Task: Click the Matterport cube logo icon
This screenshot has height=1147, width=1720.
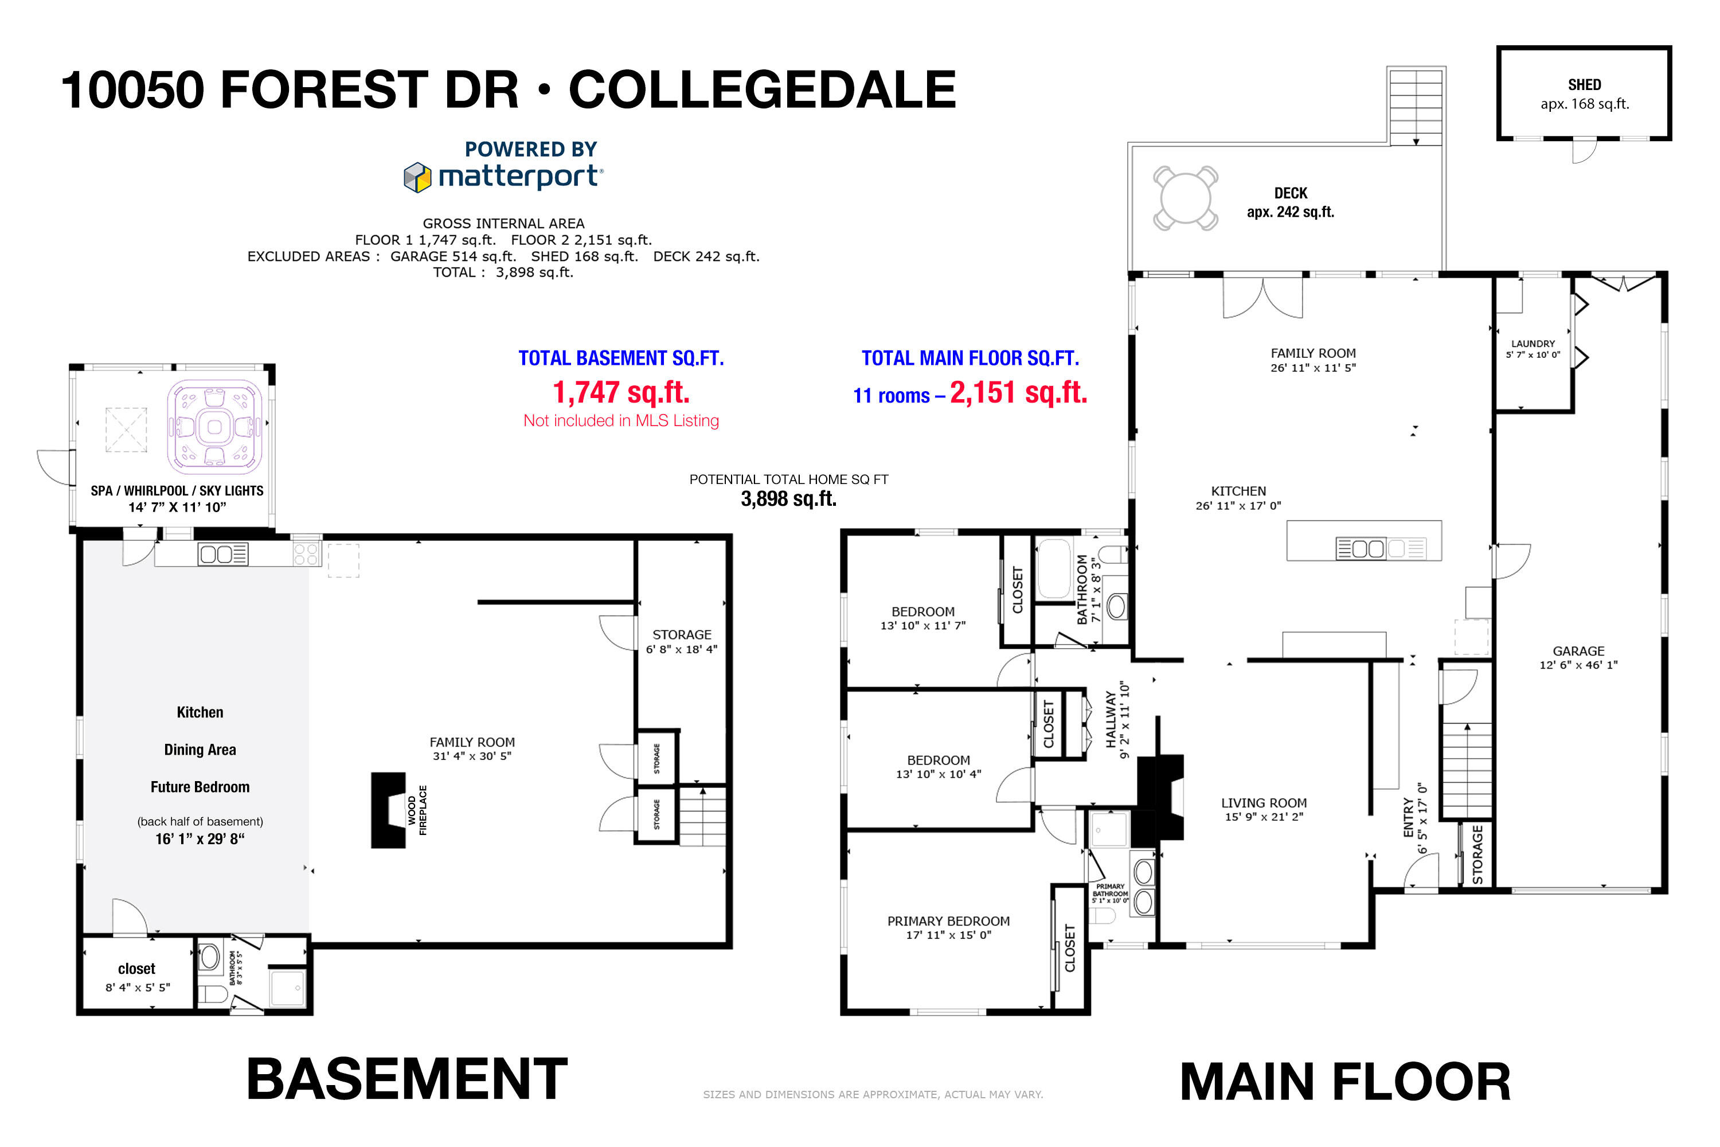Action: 417,177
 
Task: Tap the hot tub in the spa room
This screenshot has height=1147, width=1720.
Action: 214,427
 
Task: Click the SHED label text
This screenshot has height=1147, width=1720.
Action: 1584,85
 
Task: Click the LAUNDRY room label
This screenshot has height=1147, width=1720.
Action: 1533,344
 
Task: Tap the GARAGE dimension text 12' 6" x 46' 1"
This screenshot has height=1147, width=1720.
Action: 1578,665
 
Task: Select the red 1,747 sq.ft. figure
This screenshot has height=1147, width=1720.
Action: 621,393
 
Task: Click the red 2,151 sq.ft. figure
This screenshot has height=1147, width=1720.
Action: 1018,393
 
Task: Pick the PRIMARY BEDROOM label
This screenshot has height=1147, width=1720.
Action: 948,921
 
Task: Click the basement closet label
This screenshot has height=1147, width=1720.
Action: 137,969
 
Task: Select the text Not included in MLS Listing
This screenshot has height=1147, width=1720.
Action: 621,420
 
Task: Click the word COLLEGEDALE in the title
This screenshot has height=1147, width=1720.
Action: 762,90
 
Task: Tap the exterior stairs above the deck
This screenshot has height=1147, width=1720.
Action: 1416,106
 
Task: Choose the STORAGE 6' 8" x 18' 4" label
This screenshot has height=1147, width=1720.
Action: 682,642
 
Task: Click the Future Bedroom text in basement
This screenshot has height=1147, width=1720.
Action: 200,787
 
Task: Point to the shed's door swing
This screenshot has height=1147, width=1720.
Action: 1584,151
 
